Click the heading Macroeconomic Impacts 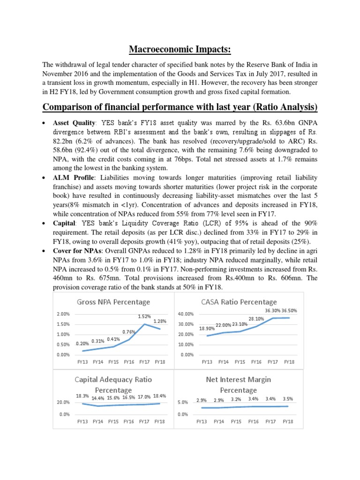[180, 50]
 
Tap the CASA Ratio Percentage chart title [239, 302]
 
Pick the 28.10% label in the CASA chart [256, 319]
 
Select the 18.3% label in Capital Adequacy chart [83, 396]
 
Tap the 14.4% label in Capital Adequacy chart [98, 398]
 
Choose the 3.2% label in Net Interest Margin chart [236, 399]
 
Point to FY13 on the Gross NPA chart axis [82, 362]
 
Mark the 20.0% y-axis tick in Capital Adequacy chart [63, 402]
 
